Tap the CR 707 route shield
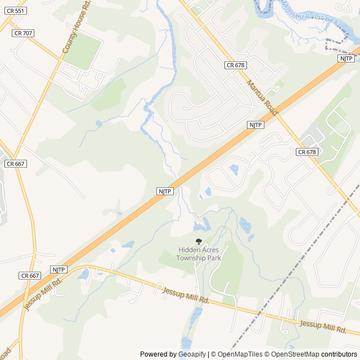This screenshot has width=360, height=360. click(x=23, y=33)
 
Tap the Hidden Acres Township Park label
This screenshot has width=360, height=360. click(x=199, y=254)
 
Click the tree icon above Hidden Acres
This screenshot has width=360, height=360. click(x=199, y=241)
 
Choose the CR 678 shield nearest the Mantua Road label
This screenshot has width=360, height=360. click(x=235, y=65)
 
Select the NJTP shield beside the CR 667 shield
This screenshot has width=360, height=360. click(x=58, y=269)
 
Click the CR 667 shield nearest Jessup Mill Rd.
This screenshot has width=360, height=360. click(x=30, y=276)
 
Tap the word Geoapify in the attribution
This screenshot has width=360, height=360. click(x=191, y=354)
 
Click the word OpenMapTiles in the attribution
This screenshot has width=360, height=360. click(x=240, y=354)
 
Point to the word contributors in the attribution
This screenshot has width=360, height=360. click(x=339, y=354)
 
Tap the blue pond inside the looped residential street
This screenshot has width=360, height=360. click(x=233, y=169)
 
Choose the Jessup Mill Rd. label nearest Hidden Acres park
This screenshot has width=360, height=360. click(x=186, y=295)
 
